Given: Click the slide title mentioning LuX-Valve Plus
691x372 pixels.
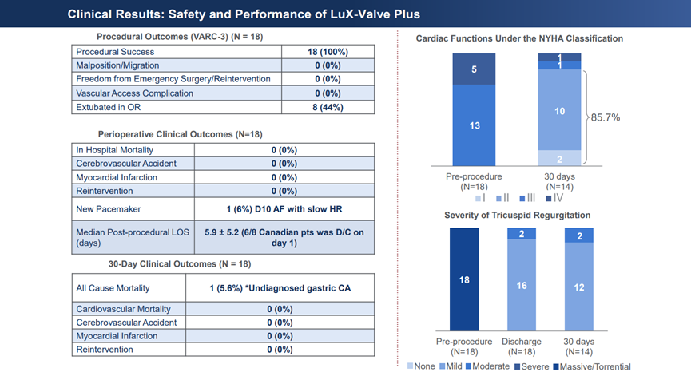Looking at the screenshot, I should coord(243,14).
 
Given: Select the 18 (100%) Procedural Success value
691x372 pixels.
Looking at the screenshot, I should coord(328,51).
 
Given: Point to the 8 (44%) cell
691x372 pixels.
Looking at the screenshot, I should coord(328,107).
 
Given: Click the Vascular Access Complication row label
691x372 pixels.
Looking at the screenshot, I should coord(134,93).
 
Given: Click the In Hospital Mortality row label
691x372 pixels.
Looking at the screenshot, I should coord(115,150).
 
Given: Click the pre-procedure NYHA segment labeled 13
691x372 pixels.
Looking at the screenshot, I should coord(474,125).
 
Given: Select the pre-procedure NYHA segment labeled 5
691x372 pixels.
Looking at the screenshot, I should coord(474,69).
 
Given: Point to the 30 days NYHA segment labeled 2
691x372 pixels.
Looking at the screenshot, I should coord(559,159).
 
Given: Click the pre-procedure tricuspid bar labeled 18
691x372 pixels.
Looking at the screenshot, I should coord(464,279).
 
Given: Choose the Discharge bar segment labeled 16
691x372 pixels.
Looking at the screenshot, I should coord(522,285).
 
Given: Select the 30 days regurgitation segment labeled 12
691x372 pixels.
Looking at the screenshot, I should coord(579,286).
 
